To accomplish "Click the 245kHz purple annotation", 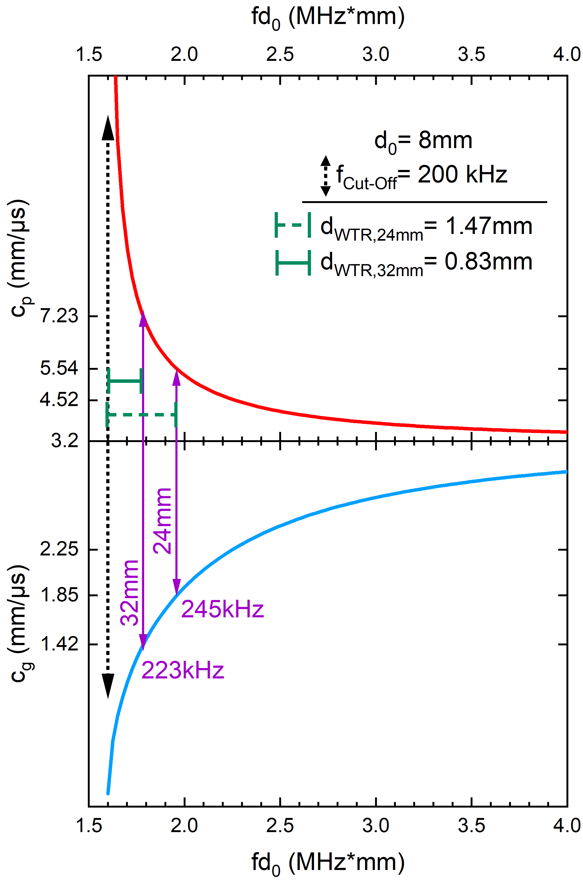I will tap(222, 610).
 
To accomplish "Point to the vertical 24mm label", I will tap(163, 521).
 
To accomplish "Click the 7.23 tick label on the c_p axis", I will tap(59, 316).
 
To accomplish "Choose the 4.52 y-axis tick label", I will tap(59, 400).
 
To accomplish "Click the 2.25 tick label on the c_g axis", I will tap(59, 549).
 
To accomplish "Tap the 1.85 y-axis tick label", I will tap(59, 595).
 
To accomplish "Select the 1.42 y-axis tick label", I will tap(59, 644).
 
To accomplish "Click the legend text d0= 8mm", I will tap(423, 141).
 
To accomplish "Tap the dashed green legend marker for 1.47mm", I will tap(293, 225).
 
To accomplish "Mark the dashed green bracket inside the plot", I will tap(141, 415).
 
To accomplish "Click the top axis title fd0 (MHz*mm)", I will tap(328, 17).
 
